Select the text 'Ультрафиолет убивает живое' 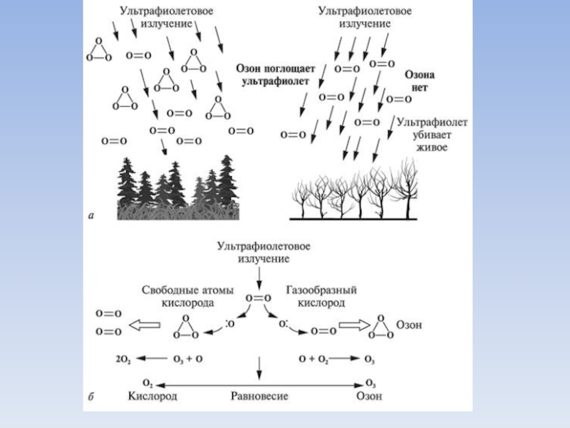tap(432, 135)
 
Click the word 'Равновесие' tap(258, 396)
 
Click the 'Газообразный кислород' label tap(321, 296)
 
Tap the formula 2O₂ tap(123, 357)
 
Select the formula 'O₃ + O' tap(189, 357)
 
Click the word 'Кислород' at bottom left tap(152, 396)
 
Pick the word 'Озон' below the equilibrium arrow tap(369, 396)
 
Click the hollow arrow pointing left tap(144, 326)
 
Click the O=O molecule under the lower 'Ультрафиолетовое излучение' tap(259, 298)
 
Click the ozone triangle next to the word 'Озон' tap(378, 326)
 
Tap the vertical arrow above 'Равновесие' tap(259, 367)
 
